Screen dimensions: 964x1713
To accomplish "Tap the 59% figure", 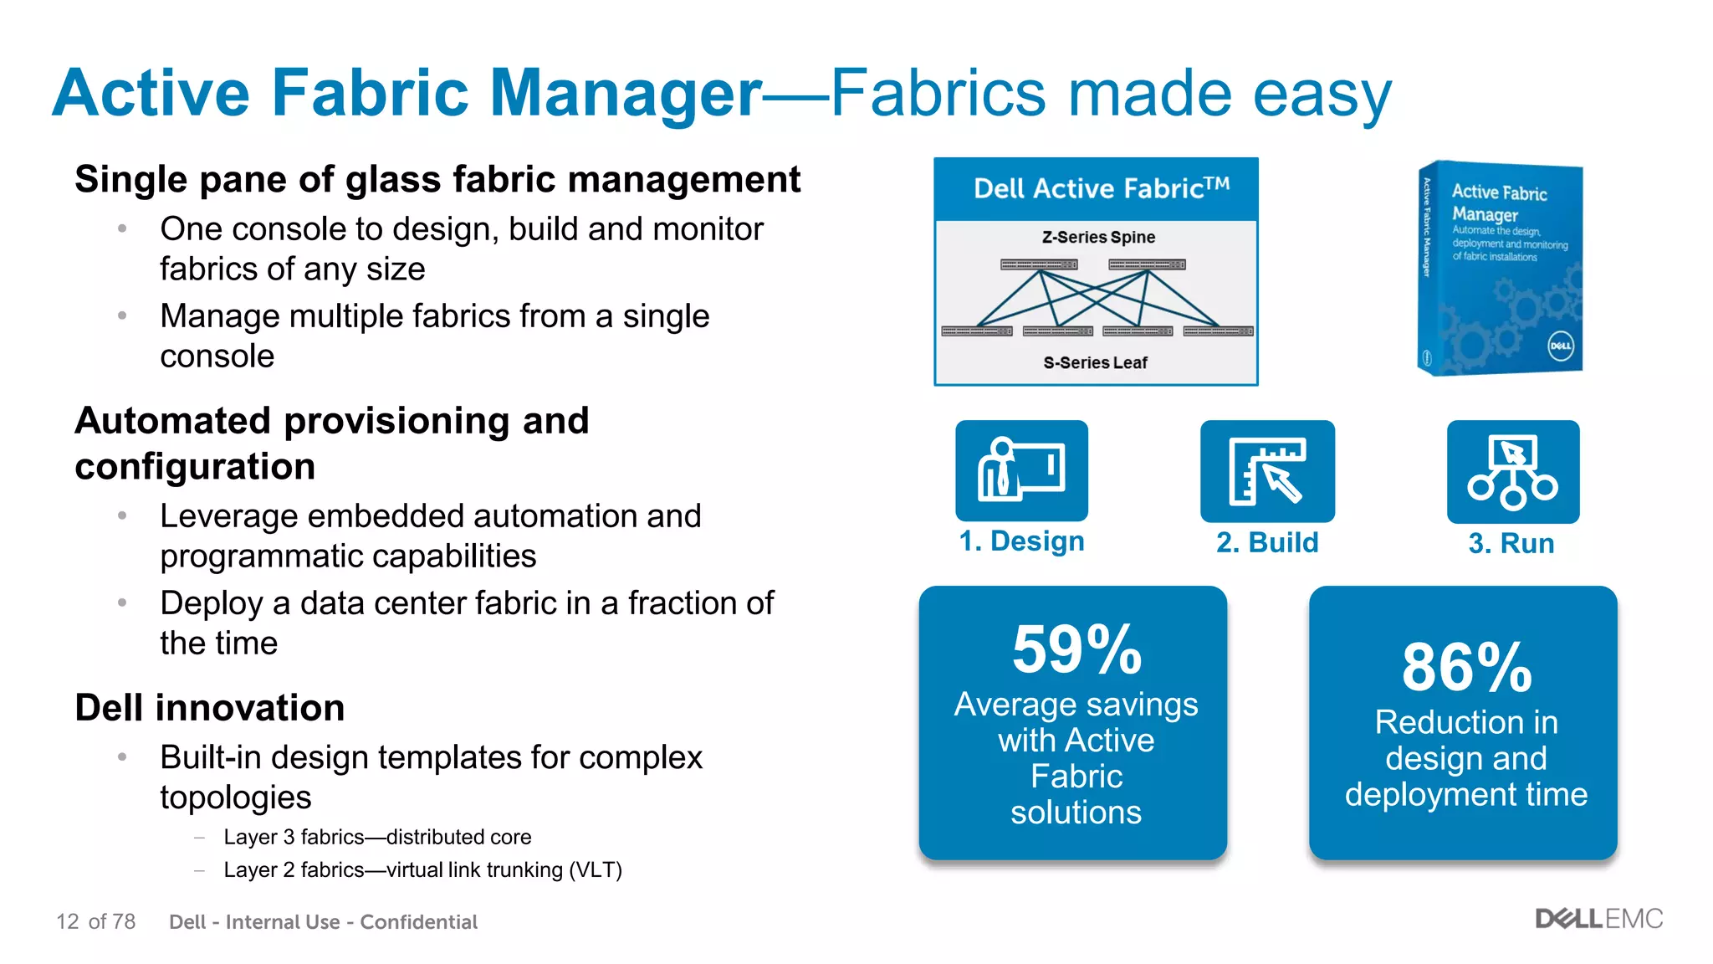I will tap(1076, 649).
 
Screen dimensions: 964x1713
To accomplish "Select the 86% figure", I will tap(1466, 667).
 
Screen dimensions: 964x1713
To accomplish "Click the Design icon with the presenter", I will tap(1021, 470).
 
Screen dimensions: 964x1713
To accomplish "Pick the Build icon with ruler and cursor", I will tap(1267, 471).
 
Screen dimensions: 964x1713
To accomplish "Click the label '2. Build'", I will tap(1267, 542).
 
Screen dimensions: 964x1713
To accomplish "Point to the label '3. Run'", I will tap(1511, 544).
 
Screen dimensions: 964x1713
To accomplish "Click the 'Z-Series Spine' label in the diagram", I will tap(1098, 237).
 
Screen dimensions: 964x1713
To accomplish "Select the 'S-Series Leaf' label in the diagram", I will tap(1095, 362).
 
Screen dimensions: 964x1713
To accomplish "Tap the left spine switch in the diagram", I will tap(1039, 264).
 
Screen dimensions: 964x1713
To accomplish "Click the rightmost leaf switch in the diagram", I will tap(1218, 331).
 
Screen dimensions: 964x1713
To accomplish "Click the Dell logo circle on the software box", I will tap(1560, 346).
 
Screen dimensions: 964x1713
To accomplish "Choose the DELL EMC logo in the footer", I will tap(1598, 919).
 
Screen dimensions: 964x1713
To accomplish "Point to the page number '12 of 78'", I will tap(95, 921).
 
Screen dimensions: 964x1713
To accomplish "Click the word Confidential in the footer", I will tap(418, 921).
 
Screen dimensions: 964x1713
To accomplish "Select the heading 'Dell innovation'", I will tap(209, 708).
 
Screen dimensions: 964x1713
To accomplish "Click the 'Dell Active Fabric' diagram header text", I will tap(1101, 188).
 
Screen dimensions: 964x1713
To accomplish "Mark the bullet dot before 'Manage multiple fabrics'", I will tap(122, 315).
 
